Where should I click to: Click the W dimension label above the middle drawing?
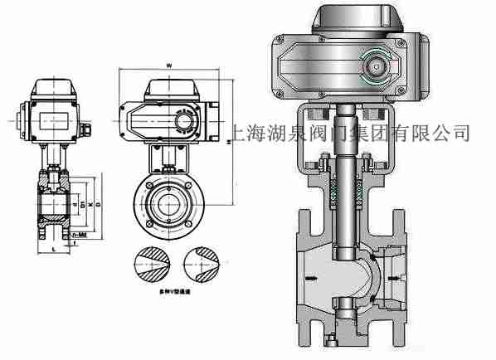tap(169, 64)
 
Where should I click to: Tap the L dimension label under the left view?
tap(54, 249)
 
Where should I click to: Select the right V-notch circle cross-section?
tap(200, 265)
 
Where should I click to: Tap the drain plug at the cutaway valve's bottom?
tap(331, 341)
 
